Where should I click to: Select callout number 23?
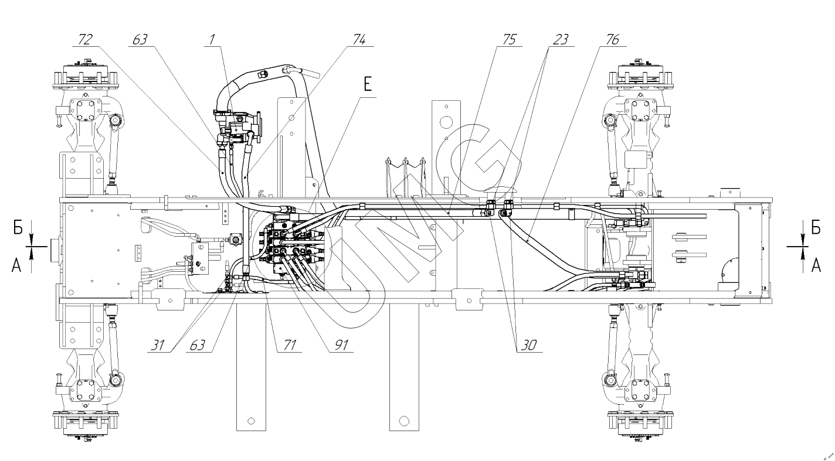pos(561,39)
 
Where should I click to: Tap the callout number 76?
pos(609,39)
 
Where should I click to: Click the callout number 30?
pos(528,345)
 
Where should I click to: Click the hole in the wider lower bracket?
pos(403,420)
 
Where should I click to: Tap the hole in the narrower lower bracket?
pos(251,421)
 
